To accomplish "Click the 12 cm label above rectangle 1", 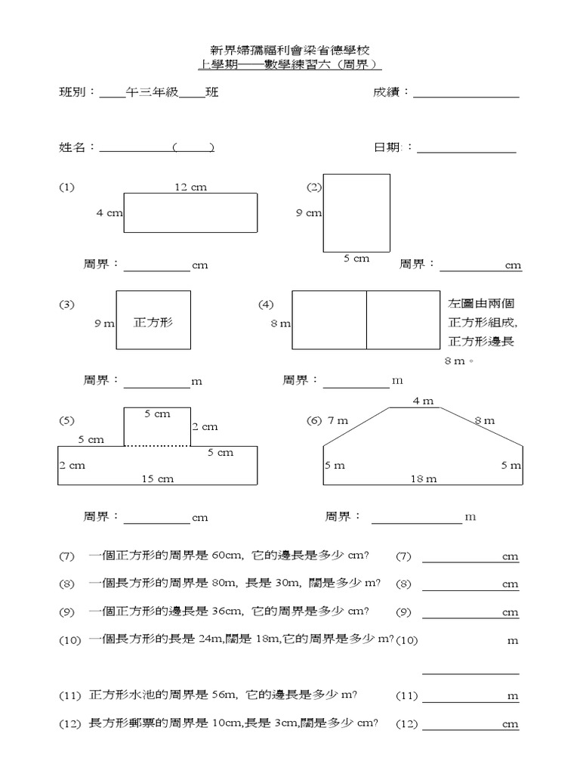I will click(191, 187).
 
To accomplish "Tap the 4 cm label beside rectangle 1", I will click(109, 213).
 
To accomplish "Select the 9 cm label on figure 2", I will click(309, 213).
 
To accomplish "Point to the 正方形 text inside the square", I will click(153, 322).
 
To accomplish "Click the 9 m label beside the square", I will click(104, 324).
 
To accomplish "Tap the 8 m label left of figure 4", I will click(280, 324).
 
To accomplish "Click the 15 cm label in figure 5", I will click(158, 478).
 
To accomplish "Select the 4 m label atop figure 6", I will click(423, 401).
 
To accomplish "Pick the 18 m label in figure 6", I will click(424, 478).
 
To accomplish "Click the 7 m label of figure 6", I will click(338, 420).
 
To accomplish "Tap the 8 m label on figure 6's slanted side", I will click(484, 420).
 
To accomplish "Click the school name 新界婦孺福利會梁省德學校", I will click(289, 49).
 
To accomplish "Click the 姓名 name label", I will click(76, 147).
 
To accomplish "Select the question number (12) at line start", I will click(69, 724).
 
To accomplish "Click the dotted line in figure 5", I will click(157, 446).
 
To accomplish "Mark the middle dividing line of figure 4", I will click(366, 320).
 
